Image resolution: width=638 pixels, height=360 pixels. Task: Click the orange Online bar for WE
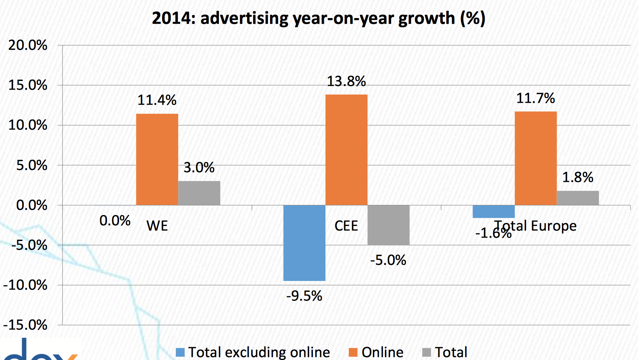[x=157, y=159]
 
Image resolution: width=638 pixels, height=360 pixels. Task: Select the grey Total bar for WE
[x=199, y=193]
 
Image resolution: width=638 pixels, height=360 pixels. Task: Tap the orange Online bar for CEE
[x=346, y=149]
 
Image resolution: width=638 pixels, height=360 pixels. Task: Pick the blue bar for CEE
[x=304, y=243]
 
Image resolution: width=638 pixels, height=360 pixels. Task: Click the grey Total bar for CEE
[x=388, y=225]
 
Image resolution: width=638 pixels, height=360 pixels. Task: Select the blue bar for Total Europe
[x=493, y=212]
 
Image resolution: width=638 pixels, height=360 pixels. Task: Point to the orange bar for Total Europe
[x=536, y=158]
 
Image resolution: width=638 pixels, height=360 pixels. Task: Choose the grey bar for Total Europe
[x=578, y=198]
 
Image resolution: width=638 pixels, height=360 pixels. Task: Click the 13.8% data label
[x=346, y=81]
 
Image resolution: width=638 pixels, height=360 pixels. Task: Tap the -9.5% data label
[x=304, y=296]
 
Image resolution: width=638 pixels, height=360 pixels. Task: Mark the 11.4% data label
[x=157, y=100]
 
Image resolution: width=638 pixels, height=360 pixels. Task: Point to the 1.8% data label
[x=578, y=177]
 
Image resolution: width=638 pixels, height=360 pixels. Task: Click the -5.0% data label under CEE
[x=388, y=260]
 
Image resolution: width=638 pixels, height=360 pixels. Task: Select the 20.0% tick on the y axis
[x=28, y=45]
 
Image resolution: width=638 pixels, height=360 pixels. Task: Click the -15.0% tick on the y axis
[x=26, y=325]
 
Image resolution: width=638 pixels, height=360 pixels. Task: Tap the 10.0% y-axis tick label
[x=28, y=125]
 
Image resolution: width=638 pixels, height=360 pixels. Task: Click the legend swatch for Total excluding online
[x=180, y=352]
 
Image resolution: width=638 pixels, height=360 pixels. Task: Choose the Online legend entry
[x=377, y=352]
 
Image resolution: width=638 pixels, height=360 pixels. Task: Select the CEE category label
[x=346, y=226]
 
